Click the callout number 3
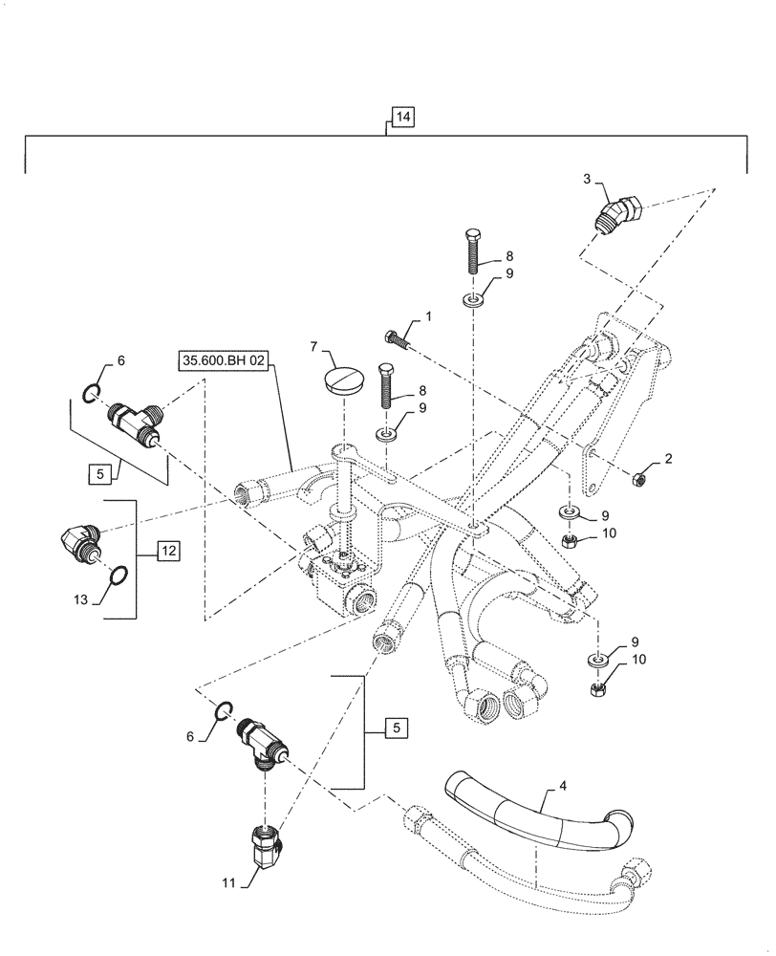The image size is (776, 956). pyautogui.click(x=586, y=179)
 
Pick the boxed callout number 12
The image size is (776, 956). pyautogui.click(x=167, y=551)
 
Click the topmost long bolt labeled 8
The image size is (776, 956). pyautogui.click(x=476, y=252)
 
